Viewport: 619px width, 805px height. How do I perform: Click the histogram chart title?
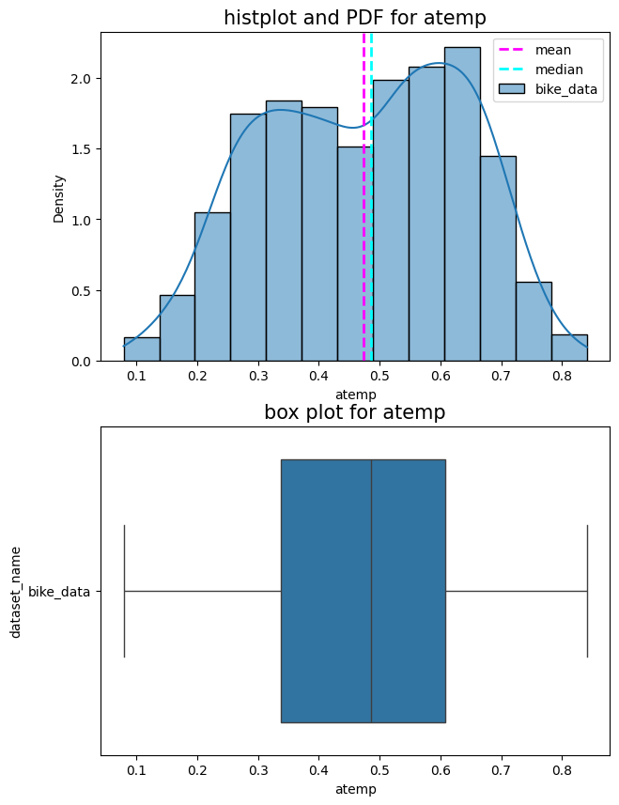354,18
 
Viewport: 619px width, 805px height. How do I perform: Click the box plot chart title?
354,412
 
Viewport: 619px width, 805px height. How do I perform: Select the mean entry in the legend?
553,49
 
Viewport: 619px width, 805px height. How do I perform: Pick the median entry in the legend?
560,70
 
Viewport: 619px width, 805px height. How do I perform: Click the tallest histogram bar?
462,207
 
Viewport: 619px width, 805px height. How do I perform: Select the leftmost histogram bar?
141,349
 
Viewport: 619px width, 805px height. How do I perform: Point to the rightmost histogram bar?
569,348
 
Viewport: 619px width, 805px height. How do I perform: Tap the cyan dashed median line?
371,235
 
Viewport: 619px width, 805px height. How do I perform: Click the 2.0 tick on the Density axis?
82,79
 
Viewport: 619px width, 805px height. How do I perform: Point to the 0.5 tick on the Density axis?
82,291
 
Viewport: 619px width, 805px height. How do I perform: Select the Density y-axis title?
58,197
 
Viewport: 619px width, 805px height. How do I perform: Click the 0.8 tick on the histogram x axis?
562,377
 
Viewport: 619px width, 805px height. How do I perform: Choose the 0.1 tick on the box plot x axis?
136,771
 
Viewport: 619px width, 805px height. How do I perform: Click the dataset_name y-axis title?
16,592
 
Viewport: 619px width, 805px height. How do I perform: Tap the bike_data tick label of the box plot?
59,592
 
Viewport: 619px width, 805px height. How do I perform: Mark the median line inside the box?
371,592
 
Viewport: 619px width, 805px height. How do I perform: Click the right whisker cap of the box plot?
587,592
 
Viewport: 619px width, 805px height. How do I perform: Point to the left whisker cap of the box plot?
124,592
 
